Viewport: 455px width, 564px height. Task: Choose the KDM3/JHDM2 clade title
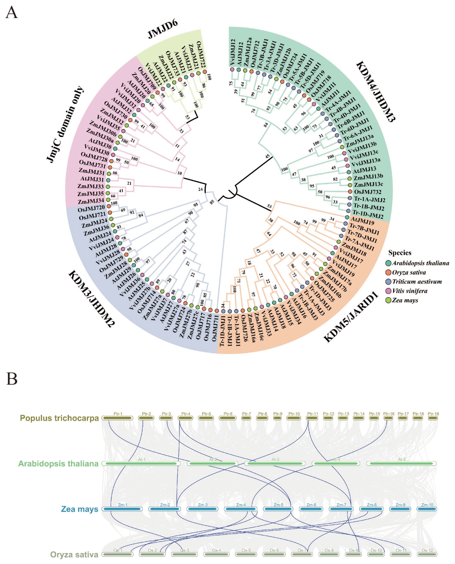(92, 298)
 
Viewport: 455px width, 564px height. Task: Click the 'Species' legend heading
(400, 253)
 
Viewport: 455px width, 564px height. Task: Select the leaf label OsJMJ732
(367, 192)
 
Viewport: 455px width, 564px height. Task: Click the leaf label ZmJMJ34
(91, 201)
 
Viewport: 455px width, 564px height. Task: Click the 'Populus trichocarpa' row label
(59, 418)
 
